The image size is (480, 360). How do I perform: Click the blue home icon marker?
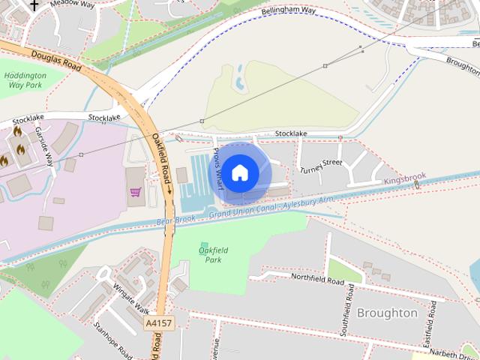click(x=239, y=173)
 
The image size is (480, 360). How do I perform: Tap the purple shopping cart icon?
click(x=135, y=192)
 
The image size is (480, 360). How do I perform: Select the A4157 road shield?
click(x=157, y=323)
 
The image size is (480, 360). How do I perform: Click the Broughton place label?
click(x=387, y=313)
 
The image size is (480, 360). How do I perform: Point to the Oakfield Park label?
click(x=214, y=255)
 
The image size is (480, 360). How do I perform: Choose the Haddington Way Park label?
click(x=25, y=80)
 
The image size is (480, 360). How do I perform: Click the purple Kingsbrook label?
click(x=404, y=178)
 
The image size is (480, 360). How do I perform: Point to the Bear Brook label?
click(x=175, y=220)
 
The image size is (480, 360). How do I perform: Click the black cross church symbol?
click(x=34, y=4)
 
